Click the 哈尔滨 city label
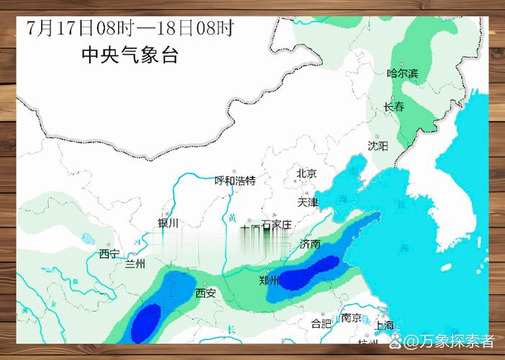pos(402,73)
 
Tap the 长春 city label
pos(394,107)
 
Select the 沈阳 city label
pos(378,145)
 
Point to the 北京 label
pos(306,173)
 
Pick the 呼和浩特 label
pos(235,180)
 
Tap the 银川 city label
pos(168,223)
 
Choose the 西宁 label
pos(109,253)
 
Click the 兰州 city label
pos(135,264)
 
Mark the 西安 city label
pos(206,293)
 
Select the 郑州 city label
pos(269,281)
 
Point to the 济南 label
pos(310,244)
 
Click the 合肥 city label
pos(321,323)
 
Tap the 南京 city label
pos(351,318)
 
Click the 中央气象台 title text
pos(129,55)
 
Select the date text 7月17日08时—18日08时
pos(130,28)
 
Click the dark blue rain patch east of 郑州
pos(309,273)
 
